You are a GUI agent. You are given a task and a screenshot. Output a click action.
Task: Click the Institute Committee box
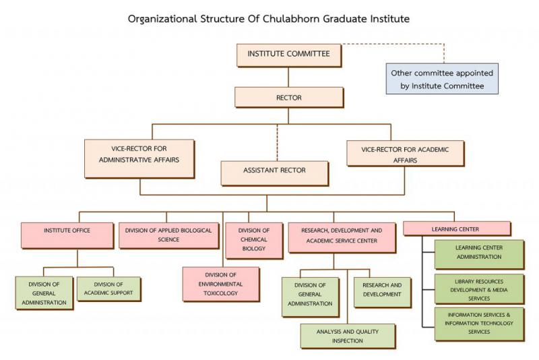coord(288,55)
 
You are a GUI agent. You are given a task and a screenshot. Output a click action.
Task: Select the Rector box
coord(288,98)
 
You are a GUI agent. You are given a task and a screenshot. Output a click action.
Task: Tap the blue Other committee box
coord(442,80)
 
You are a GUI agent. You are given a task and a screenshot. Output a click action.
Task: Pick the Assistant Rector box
coord(274,171)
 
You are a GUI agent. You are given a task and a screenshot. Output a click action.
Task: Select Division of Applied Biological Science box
coord(169,235)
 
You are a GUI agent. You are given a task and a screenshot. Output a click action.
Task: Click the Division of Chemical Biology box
coord(253,239)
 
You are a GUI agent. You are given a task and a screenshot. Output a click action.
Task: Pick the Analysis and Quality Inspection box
coord(348,336)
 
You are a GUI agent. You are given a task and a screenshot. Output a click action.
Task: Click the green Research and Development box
coord(382,290)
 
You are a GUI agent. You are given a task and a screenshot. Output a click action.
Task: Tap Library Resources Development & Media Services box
coord(479,289)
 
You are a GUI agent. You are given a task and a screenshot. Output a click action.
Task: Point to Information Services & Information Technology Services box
coord(479,323)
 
